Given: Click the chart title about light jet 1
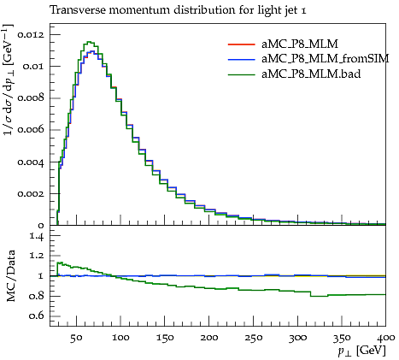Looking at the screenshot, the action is [x=178, y=10].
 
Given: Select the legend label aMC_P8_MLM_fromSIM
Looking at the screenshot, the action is [x=326, y=59].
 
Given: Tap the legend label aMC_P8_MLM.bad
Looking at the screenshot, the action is [x=311, y=74].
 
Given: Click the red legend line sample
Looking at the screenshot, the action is [x=241, y=44].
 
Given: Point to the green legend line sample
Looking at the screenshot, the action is [x=241, y=74].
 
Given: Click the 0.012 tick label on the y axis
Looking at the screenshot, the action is [x=31, y=35].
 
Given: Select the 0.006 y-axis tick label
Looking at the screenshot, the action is [x=31, y=130].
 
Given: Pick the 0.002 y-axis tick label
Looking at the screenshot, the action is [x=31, y=193].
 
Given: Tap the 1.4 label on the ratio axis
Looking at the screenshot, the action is [x=38, y=236].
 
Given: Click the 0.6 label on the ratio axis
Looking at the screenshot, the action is [x=37, y=316].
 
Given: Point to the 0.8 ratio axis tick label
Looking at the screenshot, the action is [x=37, y=296].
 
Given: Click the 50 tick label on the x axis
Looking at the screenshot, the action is [x=76, y=338].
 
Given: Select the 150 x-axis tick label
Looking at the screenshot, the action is [x=165, y=338].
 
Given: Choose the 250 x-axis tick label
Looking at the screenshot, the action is [x=253, y=338].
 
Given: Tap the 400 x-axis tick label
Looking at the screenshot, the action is [x=385, y=338].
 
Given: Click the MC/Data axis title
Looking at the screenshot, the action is [x=11, y=276].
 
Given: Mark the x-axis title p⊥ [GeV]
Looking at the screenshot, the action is [x=362, y=351].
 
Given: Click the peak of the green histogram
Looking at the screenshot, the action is [x=90, y=42].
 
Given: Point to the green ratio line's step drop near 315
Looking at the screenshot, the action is [x=310, y=294].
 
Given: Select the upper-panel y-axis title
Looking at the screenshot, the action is [x=9, y=80].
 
